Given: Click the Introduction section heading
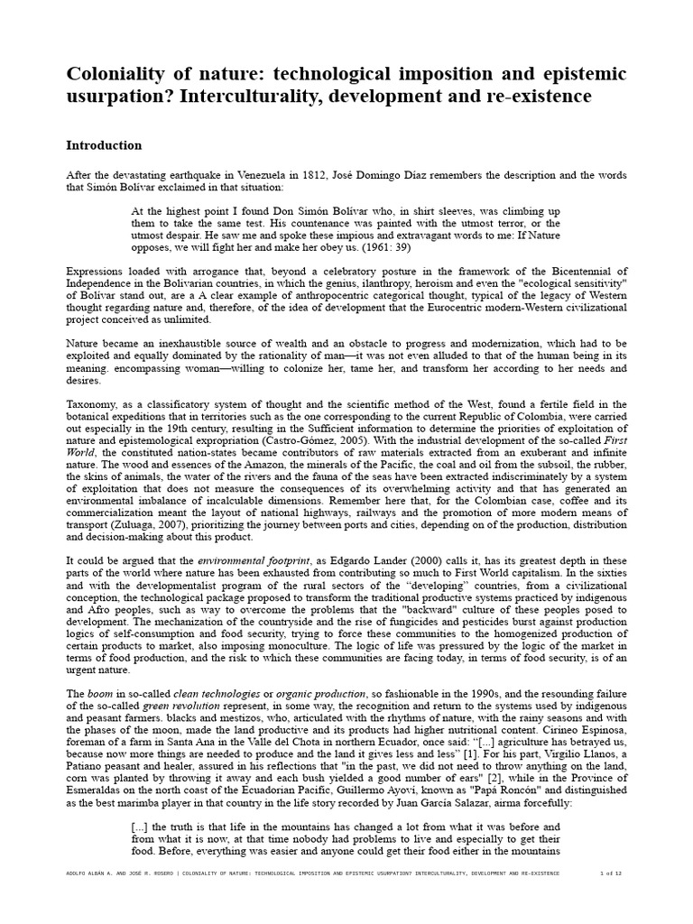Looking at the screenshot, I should [x=104, y=145].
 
